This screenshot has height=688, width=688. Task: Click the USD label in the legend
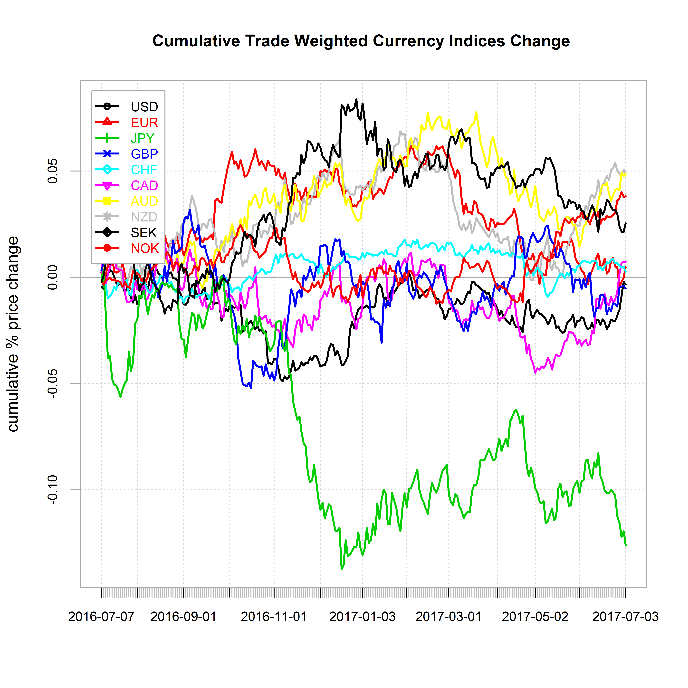[x=144, y=107]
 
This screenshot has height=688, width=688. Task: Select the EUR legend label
[x=144, y=123]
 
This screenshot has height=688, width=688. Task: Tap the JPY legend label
[x=143, y=138]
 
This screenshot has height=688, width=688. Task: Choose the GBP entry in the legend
[x=144, y=154]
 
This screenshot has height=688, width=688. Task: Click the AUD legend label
[x=144, y=201]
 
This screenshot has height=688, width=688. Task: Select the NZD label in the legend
[x=144, y=217]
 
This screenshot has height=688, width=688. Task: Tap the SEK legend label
[x=143, y=233]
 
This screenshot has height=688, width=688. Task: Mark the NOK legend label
[x=145, y=248]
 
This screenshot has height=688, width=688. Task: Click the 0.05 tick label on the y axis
[x=53, y=171]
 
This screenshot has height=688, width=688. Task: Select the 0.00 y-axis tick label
[x=53, y=277]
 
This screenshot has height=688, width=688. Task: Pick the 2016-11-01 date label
[x=274, y=616]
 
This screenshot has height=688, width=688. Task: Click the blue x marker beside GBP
[x=107, y=154]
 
